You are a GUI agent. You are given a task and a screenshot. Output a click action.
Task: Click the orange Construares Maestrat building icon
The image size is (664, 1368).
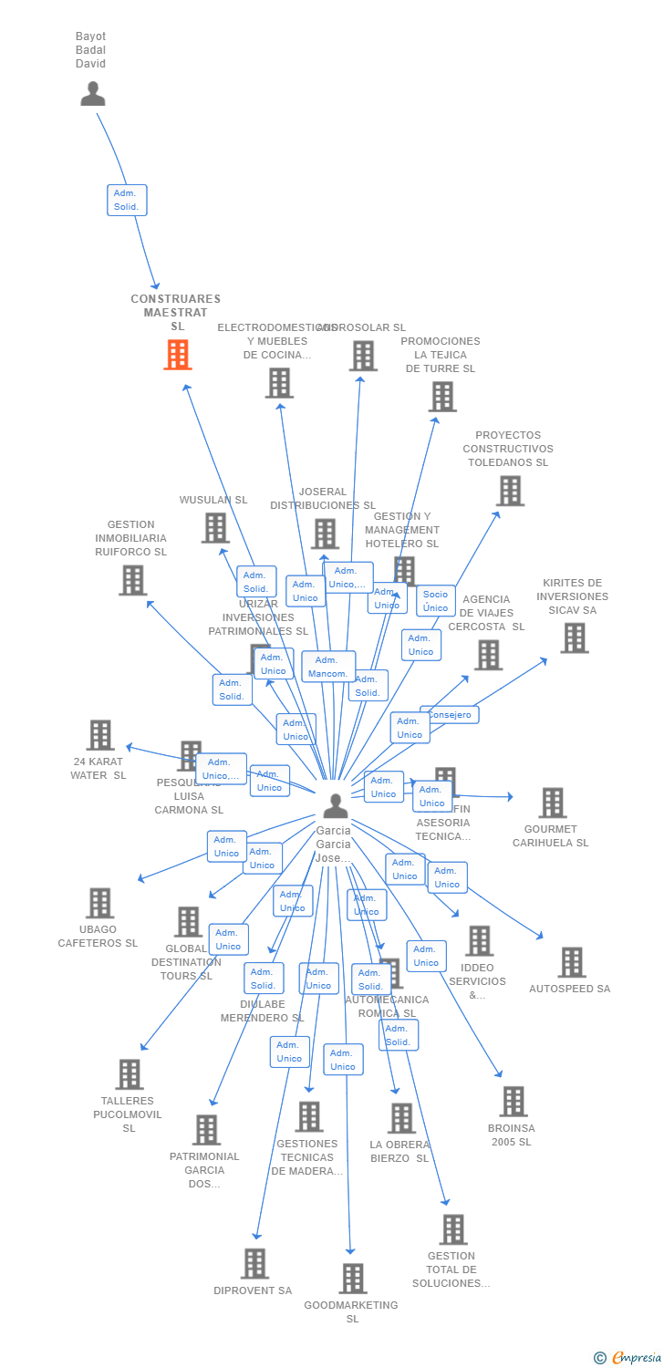177,355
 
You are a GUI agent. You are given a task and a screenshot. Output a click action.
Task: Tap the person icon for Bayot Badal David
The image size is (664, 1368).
93,94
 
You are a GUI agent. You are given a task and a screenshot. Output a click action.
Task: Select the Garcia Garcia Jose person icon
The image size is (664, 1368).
336,806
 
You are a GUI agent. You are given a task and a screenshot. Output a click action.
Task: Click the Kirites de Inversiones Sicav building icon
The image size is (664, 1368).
574,638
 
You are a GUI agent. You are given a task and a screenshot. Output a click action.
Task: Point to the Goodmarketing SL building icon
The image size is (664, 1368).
353,1279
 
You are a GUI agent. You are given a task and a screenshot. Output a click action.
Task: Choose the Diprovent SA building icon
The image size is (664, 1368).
254,1264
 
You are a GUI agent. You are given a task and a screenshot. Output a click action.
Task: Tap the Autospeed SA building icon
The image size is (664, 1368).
571,962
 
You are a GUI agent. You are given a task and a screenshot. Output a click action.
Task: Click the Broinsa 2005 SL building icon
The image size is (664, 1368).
514,1102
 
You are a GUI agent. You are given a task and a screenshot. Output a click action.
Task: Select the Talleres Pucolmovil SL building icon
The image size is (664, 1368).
130,1074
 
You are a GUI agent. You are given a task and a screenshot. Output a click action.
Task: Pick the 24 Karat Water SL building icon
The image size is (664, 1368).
99,735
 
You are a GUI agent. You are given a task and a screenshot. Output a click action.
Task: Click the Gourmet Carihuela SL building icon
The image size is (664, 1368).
552,803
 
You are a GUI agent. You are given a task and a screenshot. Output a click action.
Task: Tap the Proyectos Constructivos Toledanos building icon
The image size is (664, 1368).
509,491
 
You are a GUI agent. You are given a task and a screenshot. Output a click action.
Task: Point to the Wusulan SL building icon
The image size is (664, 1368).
214,527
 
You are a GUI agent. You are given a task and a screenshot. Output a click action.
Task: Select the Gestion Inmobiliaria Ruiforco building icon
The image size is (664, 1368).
132,580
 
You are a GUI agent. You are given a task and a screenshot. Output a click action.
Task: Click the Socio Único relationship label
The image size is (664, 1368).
436,601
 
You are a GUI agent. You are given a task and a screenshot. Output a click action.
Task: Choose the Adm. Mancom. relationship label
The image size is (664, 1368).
327,667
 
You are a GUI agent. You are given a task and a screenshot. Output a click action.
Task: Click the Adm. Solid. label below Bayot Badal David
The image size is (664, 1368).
126,200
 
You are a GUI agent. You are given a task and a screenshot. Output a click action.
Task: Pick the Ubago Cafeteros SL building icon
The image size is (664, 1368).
99,903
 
